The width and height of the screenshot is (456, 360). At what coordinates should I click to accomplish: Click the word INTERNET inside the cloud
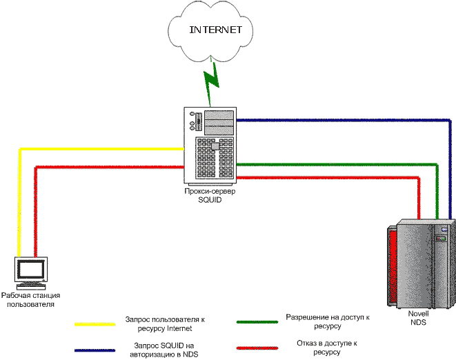[x=216, y=30]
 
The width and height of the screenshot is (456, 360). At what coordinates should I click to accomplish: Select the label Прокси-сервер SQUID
[x=209, y=196]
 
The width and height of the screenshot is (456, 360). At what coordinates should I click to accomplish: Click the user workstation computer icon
[x=31, y=272]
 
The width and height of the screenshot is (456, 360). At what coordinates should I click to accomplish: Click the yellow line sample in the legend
[x=95, y=323]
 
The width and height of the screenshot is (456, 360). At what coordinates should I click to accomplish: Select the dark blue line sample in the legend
[x=95, y=350]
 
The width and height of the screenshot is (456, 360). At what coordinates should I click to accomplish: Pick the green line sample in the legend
[x=257, y=322]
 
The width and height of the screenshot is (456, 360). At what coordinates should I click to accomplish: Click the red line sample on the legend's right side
[x=257, y=348]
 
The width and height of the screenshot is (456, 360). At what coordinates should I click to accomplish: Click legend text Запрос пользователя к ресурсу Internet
[x=166, y=323]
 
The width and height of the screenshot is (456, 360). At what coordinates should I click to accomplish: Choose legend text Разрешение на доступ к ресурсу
[x=328, y=322]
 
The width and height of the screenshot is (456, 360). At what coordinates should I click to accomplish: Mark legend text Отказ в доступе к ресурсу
[x=328, y=348]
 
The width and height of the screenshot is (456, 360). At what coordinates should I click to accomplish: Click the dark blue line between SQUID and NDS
[x=345, y=120]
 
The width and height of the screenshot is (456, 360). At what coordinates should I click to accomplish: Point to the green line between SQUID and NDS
[x=338, y=165]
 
